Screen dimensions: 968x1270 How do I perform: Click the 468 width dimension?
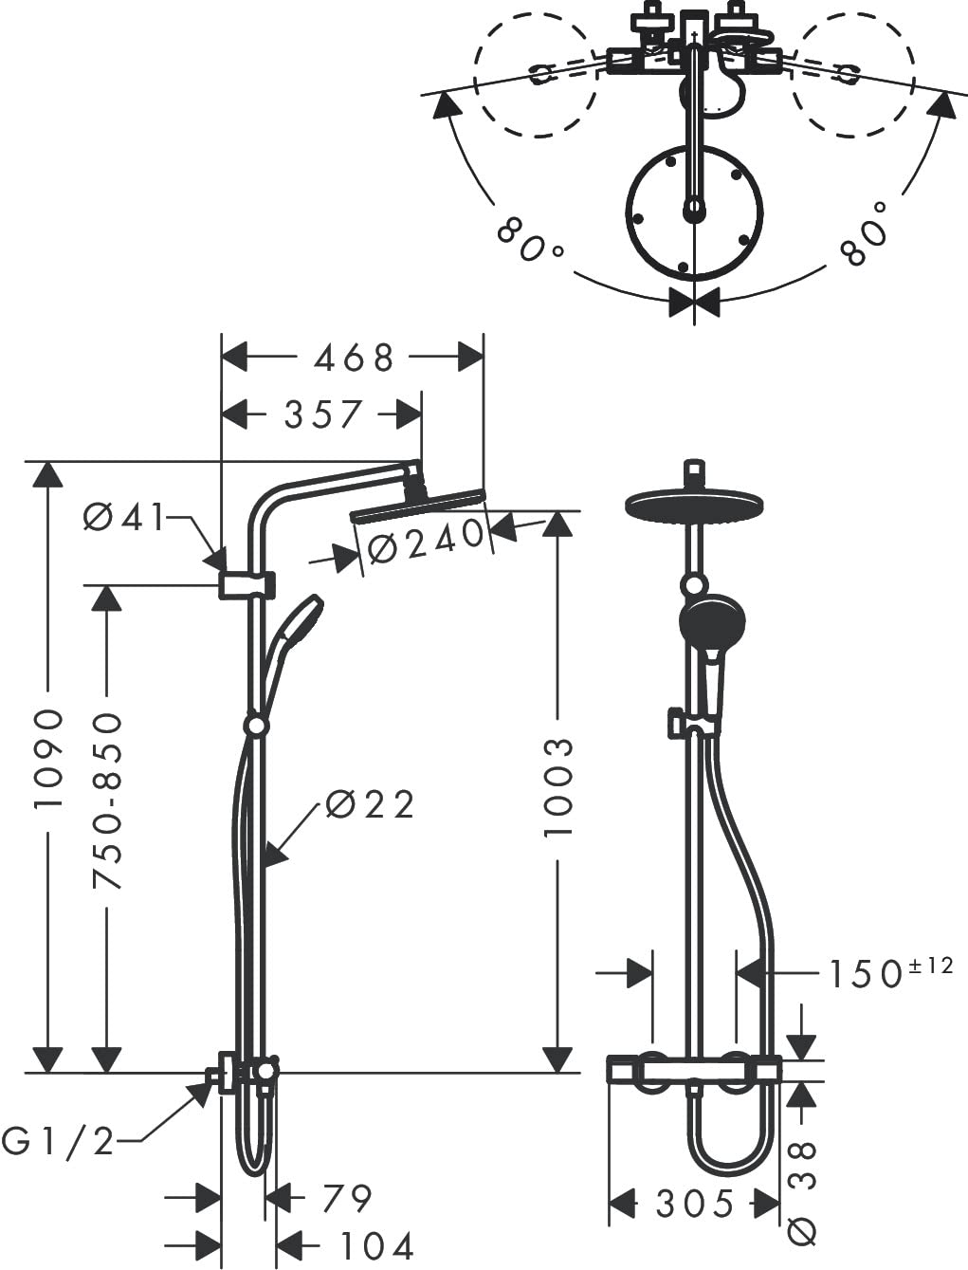pos(354,358)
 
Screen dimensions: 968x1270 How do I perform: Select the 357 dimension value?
pos(322,414)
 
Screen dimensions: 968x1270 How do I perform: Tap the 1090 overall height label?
pos(48,758)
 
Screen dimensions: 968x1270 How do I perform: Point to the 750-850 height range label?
pos(107,801)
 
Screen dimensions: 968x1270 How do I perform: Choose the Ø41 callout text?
pos(125,517)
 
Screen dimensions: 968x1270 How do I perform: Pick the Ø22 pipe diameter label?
pos(370,804)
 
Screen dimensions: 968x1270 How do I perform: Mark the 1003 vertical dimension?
pos(558,787)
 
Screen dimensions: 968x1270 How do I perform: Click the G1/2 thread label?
pos(58,1142)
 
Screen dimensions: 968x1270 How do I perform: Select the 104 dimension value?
pos(376,1245)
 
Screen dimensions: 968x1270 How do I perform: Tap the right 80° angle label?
pos(864,234)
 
